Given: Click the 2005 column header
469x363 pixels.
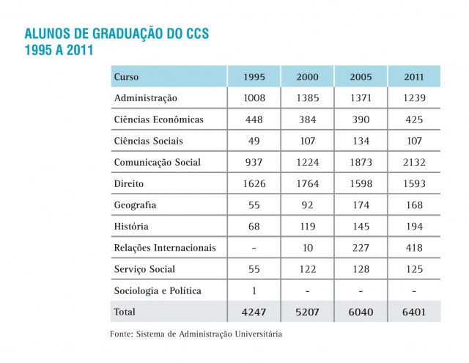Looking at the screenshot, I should point(361,77).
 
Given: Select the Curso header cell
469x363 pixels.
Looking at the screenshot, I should point(127,77).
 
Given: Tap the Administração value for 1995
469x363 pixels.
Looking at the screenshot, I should point(252,98).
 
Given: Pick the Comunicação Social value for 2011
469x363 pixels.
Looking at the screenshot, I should point(413,162).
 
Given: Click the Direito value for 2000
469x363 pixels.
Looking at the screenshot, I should point(307,183).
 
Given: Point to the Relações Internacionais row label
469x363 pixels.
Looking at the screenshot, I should point(165,248).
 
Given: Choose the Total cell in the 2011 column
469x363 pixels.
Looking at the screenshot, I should point(413,312).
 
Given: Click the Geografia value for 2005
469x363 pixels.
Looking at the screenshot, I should point(361,205).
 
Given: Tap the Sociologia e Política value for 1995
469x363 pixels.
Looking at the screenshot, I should point(252,290).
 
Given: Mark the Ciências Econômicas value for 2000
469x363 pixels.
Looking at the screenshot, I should point(307,120).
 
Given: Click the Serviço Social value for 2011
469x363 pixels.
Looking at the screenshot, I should point(413,269).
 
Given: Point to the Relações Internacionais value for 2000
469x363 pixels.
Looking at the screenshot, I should point(307,248).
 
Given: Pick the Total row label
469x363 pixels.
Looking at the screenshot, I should point(125,312).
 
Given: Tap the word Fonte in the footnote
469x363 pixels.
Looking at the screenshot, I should point(122,334).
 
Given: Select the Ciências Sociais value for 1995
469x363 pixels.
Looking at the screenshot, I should point(252,141).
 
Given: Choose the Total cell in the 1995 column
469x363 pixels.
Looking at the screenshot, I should point(252,312).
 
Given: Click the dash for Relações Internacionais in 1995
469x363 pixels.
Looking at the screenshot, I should point(252,248).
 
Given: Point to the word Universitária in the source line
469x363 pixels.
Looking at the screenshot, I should point(256,334).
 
